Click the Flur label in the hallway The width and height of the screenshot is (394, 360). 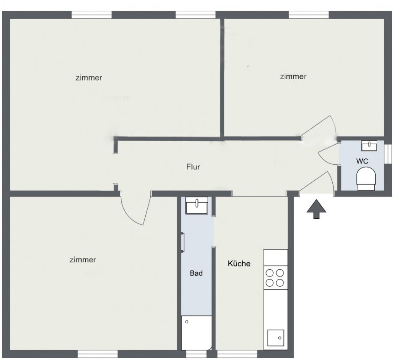point(193,167)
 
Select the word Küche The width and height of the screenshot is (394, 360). point(239,264)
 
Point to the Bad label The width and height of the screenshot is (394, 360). point(196,273)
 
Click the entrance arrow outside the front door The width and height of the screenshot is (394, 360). point(316,209)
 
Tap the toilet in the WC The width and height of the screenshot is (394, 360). point(366,179)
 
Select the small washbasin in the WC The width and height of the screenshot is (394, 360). point(369,146)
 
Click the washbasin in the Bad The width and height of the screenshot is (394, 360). point(197,205)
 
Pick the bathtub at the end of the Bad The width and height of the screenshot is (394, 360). point(196,333)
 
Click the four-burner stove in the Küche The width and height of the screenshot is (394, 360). point(275,277)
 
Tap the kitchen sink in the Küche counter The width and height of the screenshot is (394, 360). point(275,339)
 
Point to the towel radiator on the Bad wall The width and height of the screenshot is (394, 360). point(182,242)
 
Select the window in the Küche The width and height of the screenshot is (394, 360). point(237,354)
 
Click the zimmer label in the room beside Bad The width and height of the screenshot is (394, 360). point(83,260)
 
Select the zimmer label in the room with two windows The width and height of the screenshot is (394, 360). point(89,78)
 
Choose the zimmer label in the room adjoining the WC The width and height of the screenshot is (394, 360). point(293,77)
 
